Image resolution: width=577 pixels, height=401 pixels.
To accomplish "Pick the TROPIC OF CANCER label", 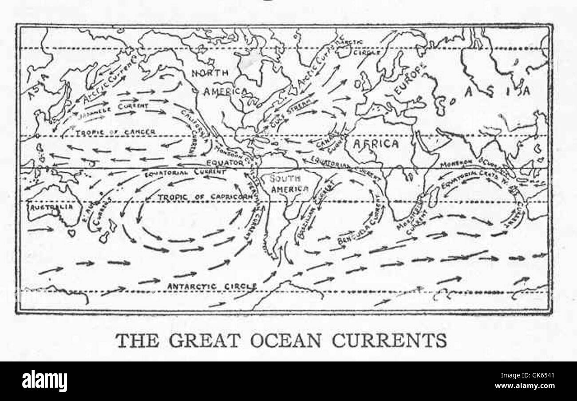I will tap(115, 132).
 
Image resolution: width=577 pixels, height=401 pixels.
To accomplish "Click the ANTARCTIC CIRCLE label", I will tap(211, 286).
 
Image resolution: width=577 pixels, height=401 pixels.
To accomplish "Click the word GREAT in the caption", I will tap(204, 341).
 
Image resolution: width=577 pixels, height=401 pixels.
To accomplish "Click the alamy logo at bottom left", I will tap(44, 381).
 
